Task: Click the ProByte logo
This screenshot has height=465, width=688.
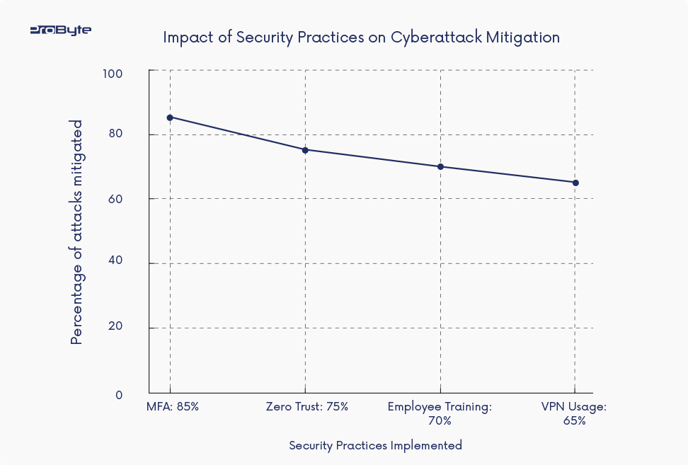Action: pos(60,30)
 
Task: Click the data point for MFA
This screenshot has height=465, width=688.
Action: pos(170,117)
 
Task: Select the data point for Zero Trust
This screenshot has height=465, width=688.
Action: pos(305,150)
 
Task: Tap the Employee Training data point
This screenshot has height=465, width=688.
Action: pos(440,167)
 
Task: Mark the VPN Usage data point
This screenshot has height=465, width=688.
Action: pos(575,183)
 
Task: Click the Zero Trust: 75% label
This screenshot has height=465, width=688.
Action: pos(307,407)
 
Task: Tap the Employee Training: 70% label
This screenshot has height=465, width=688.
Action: pos(440,413)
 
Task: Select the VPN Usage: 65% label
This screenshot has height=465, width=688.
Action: pos(574,413)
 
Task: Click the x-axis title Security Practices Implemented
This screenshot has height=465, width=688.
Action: pos(375,445)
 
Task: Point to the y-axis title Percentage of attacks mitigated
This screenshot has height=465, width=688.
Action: pos(77,232)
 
